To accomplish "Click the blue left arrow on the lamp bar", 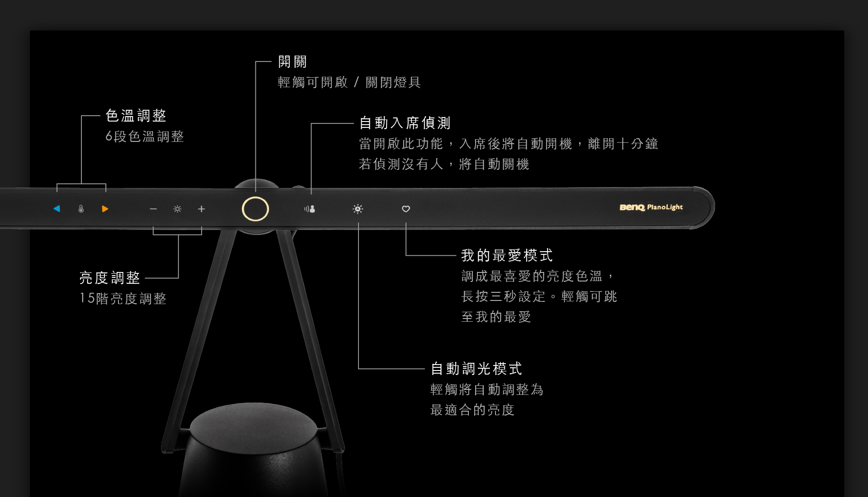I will click(x=57, y=209).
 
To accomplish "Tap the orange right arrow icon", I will click(x=105, y=209).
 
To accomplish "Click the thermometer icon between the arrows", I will click(x=81, y=209).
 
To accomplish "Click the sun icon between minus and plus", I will click(x=177, y=209).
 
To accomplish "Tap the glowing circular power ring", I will click(x=255, y=209).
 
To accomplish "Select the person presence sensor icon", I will click(x=310, y=209).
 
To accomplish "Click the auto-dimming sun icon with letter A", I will click(x=358, y=209).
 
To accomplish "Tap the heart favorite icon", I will click(x=406, y=209).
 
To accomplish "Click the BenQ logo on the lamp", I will click(x=632, y=207).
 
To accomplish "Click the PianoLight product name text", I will click(x=665, y=207).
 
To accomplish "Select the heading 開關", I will click(x=292, y=62).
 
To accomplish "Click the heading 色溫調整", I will click(x=136, y=116).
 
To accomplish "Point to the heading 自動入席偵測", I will click(x=405, y=123).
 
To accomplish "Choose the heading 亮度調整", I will click(x=110, y=278).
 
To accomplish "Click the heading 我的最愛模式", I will click(x=507, y=256).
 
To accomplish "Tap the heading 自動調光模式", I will click(x=476, y=369).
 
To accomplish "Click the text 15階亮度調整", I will click(x=123, y=299).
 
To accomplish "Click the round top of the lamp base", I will click(x=254, y=427).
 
